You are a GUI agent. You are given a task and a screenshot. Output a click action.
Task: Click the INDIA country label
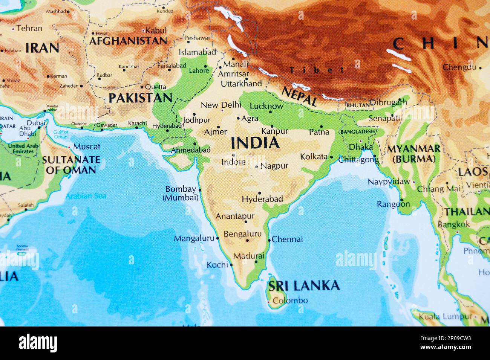pos(255,143)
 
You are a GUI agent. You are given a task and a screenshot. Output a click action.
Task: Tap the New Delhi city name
pos(221,105)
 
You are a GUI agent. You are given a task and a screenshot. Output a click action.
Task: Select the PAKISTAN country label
pos(140,98)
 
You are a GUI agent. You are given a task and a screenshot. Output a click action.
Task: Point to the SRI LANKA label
pos(304,286)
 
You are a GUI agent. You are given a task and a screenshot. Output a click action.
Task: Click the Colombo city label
pos(290,301)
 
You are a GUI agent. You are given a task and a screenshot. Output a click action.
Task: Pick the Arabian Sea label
pos(86,196)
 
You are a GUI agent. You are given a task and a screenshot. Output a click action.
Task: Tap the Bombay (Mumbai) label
pos(181,193)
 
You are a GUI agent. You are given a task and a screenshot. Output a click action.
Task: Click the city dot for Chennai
pos(269,240)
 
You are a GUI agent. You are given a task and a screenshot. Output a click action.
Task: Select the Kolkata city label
pos(314,156)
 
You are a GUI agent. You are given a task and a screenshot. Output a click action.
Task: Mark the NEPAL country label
pos(300,96)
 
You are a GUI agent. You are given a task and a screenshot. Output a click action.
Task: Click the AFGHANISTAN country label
pos(128,41)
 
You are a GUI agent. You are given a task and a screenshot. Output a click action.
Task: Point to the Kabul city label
pos(156,31)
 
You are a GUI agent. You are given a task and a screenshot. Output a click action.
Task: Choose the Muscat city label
pos(87,146)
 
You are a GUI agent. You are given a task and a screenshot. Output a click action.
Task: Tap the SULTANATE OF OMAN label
pos(71,165)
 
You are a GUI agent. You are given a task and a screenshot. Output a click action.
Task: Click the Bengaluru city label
pos(242,234)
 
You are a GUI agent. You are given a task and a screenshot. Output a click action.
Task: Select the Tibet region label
pos(317,70)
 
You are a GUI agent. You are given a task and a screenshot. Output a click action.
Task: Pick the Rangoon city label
pos(393,204)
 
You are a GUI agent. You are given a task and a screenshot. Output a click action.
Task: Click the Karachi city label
pos(137,123)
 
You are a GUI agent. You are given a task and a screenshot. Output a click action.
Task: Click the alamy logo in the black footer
pos(38,343)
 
